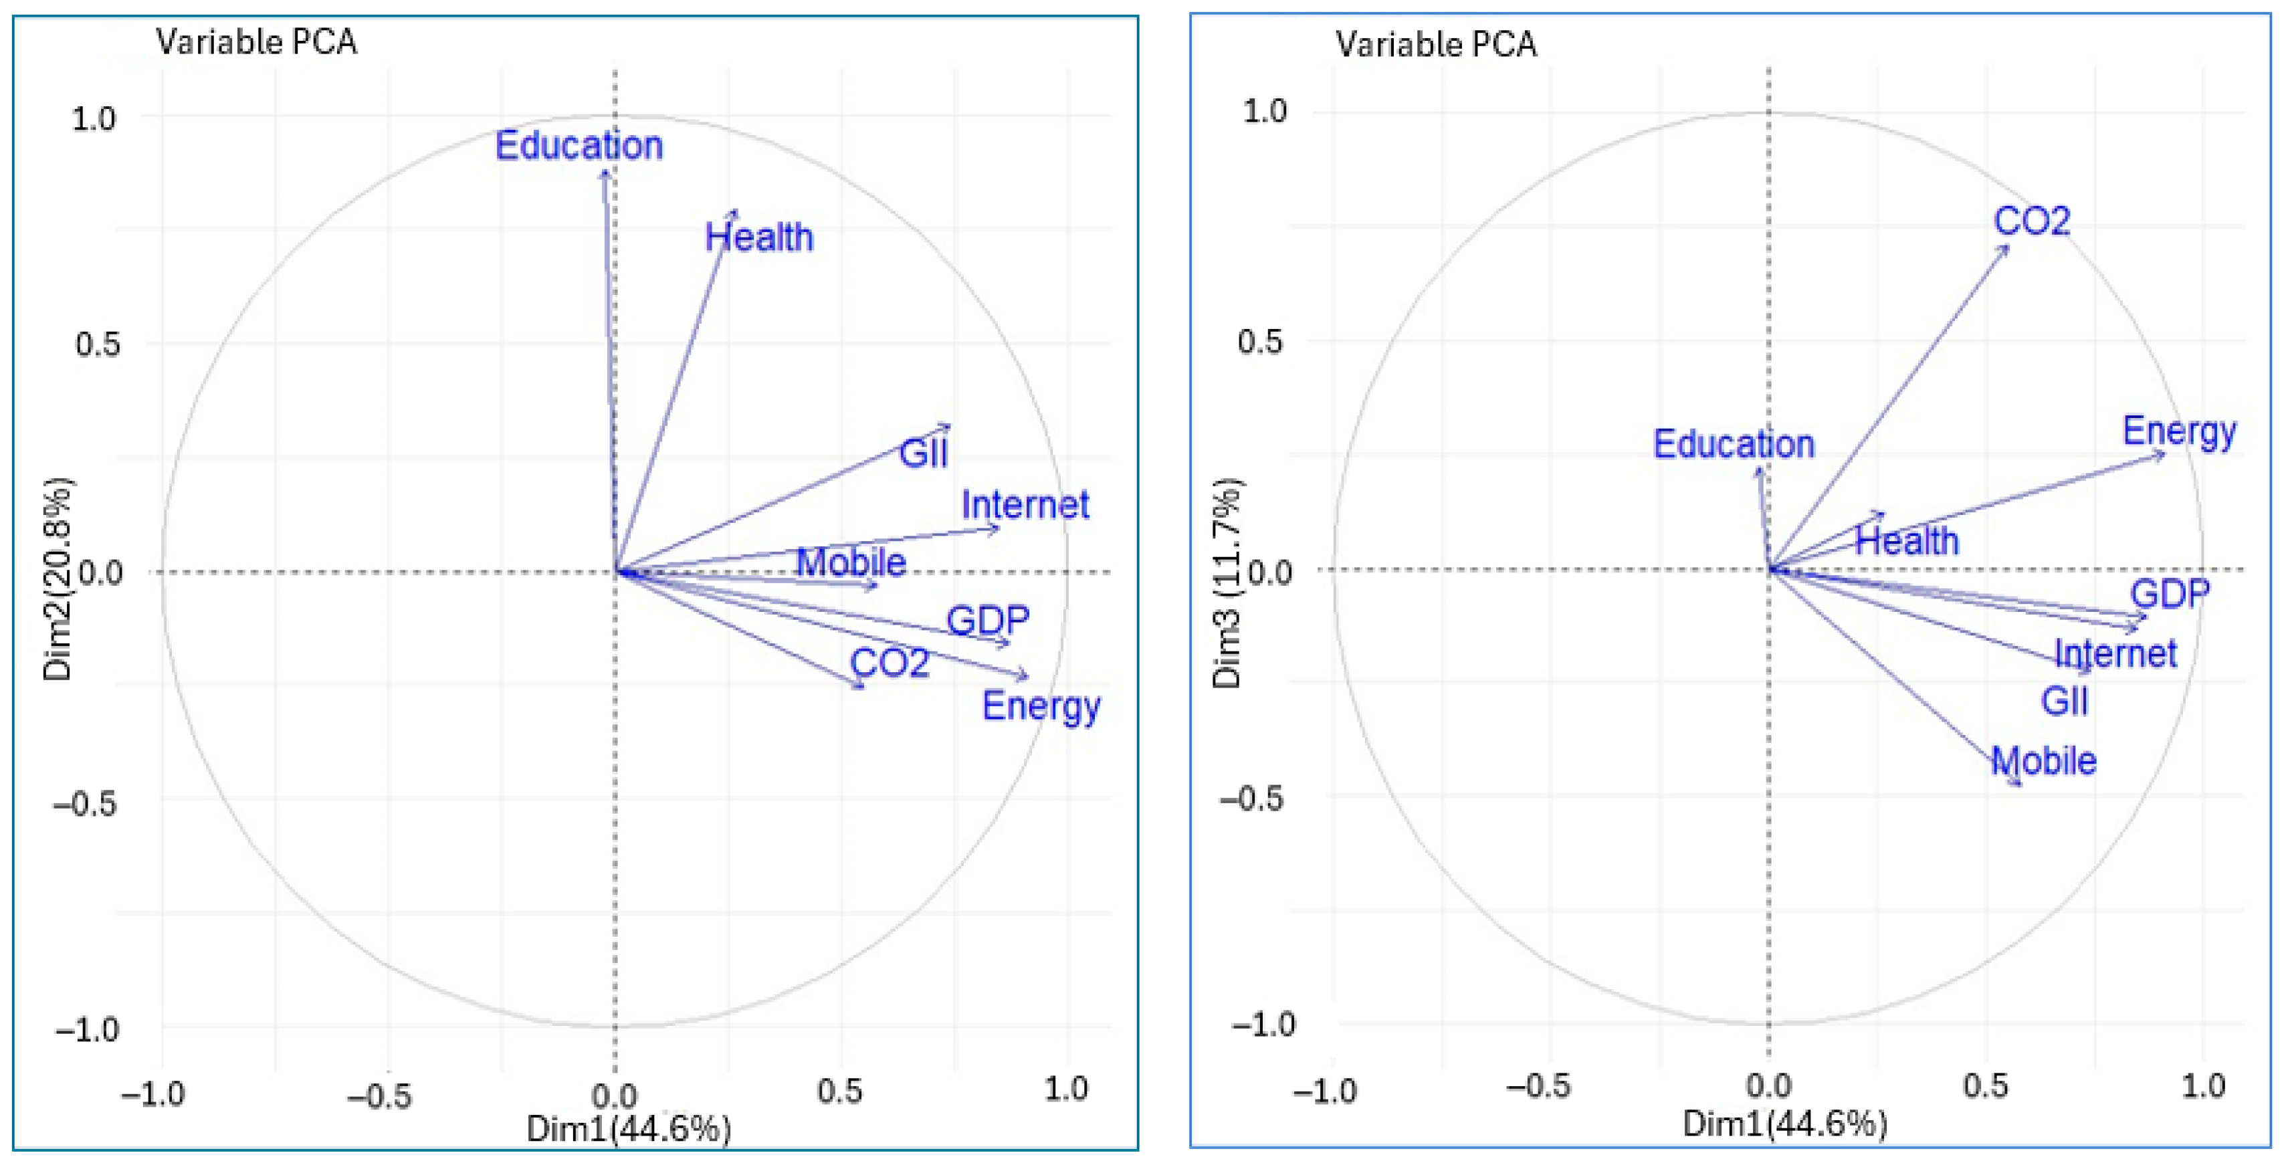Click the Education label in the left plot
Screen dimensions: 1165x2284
click(579, 145)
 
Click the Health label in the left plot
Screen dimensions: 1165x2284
click(759, 237)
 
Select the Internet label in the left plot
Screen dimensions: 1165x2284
click(1025, 506)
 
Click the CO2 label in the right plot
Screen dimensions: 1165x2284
click(2031, 221)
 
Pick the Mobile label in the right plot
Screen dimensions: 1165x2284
click(2044, 760)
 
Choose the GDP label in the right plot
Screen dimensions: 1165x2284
click(2170, 594)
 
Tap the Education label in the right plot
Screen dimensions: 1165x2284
click(1734, 444)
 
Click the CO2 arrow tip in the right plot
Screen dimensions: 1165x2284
click(2008, 247)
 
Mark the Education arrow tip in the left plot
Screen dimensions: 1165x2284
click(605, 171)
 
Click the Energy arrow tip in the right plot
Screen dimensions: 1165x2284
click(2164, 454)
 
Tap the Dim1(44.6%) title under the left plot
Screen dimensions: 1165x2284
click(629, 1130)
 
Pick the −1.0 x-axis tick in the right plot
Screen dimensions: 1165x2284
click(1326, 1089)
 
